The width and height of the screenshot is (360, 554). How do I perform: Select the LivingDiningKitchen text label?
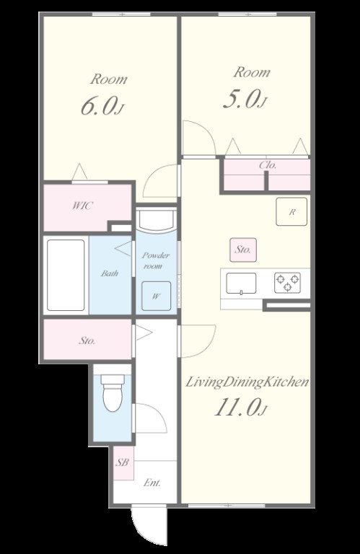(247, 382)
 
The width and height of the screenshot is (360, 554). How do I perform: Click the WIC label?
(83, 206)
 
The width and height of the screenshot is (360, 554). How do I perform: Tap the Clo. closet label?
(268, 165)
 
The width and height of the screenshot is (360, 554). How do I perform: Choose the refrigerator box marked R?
(291, 211)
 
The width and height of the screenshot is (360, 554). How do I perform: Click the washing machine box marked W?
(156, 296)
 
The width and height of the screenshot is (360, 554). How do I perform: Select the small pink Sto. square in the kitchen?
(243, 250)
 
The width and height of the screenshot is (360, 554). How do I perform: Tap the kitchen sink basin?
(241, 283)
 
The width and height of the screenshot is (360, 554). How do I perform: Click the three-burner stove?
(288, 283)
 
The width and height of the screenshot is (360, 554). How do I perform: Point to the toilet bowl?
(113, 393)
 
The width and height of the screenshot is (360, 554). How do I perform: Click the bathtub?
(66, 276)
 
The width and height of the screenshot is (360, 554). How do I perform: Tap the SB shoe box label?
(122, 462)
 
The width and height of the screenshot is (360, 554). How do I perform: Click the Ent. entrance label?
(152, 483)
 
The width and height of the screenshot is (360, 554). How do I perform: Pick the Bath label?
(110, 273)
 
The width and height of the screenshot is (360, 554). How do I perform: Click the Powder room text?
(155, 260)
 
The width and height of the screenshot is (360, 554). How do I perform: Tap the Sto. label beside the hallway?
(87, 341)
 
